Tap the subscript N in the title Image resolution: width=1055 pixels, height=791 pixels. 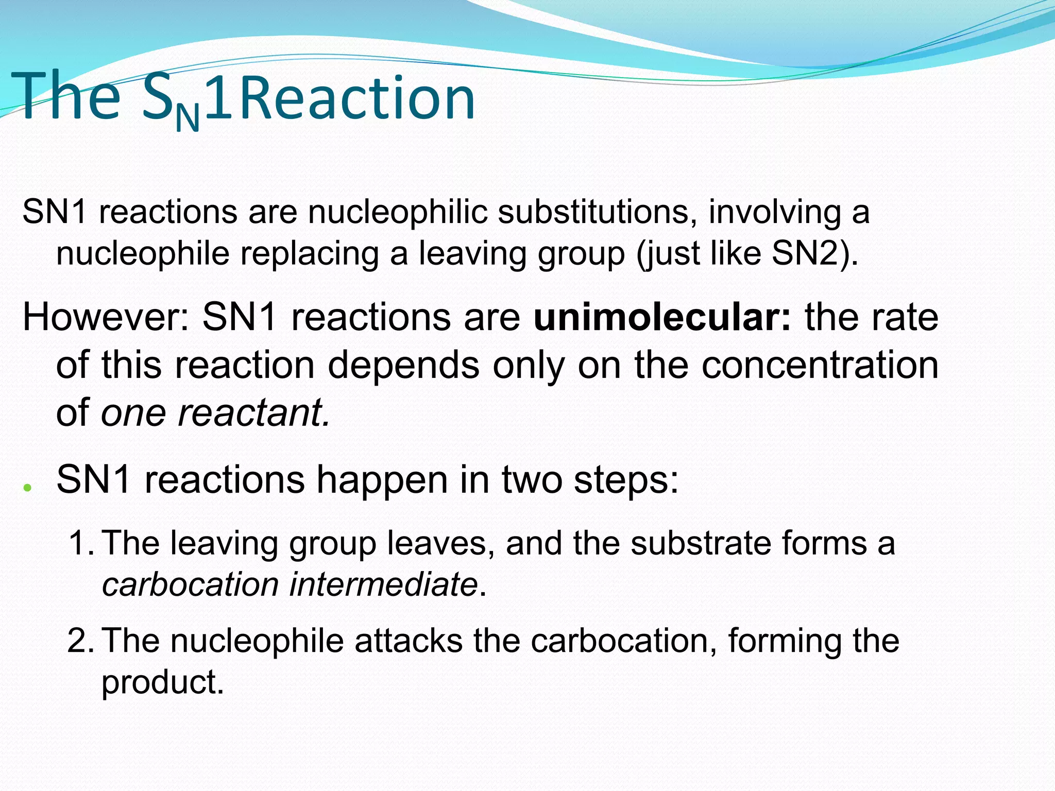click(x=187, y=118)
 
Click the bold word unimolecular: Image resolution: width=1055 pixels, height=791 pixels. click(x=662, y=317)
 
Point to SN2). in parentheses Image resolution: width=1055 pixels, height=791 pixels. click(x=815, y=253)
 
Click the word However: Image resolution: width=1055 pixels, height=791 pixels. click(x=106, y=317)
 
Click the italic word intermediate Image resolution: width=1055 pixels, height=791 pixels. click(x=383, y=584)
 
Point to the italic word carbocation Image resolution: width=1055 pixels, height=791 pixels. click(x=190, y=584)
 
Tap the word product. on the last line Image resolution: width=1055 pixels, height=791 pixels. click(x=162, y=683)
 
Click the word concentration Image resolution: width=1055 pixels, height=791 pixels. click(x=820, y=365)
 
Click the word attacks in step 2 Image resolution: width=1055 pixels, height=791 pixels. click(x=409, y=641)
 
